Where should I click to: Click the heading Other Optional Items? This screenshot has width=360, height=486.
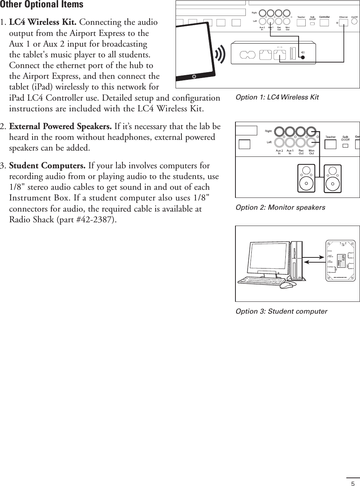coord(42,5)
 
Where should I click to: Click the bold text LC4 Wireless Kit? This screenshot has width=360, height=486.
coord(43,22)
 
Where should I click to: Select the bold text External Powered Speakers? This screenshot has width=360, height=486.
coord(60,126)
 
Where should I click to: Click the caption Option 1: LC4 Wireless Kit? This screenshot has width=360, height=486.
coord(277,97)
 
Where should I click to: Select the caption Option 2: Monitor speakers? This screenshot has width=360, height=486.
coord(280,207)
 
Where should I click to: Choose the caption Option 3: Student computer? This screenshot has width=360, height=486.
coord(281,311)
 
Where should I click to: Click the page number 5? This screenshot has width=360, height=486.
coord(353,483)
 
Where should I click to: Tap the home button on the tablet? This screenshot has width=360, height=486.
coord(194,77)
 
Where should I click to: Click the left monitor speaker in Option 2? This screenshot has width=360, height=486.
coord(307,179)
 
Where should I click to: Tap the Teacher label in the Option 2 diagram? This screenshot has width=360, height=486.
coord(330,137)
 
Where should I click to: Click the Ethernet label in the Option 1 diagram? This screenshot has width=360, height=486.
coord(343,17)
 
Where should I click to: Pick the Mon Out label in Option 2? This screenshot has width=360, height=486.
coord(312,152)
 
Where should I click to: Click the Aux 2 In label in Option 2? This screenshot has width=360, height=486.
coord(279,152)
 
